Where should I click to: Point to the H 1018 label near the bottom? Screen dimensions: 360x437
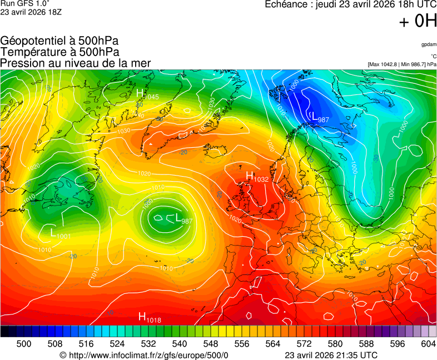[x=150, y=318]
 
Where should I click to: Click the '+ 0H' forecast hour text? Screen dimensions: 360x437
[x=418, y=21]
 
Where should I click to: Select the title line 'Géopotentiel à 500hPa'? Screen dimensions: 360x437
[x=59, y=41]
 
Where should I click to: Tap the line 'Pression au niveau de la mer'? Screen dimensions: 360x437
[x=76, y=63]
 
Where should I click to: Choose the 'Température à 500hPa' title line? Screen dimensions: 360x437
[x=59, y=52]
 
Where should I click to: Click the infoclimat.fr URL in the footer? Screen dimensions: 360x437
[x=144, y=355]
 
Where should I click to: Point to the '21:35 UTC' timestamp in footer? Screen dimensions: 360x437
[x=356, y=355]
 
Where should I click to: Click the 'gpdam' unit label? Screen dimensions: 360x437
[x=429, y=44]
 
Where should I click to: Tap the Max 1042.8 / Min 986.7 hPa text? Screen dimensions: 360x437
[x=402, y=64]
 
